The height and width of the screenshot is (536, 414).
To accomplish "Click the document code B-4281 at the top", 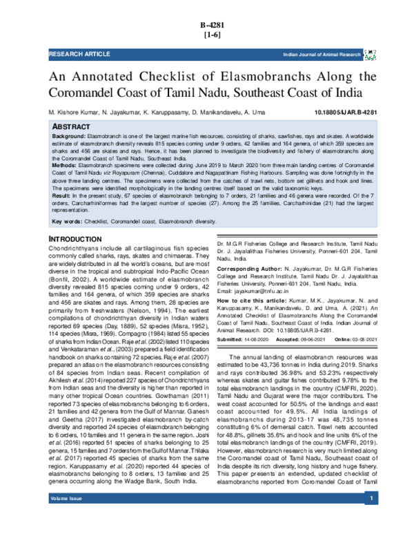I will (208, 25).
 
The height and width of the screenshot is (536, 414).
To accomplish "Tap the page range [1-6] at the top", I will (208, 36).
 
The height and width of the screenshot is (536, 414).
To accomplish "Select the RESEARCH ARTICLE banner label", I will (75, 53).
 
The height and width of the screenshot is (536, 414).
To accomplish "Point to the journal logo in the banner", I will (370, 53).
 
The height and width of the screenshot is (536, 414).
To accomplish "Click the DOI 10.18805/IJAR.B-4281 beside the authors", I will (342, 111).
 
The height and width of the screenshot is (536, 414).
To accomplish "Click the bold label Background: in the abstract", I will (71, 138).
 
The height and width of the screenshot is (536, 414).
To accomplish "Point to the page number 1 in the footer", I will (372, 518).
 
